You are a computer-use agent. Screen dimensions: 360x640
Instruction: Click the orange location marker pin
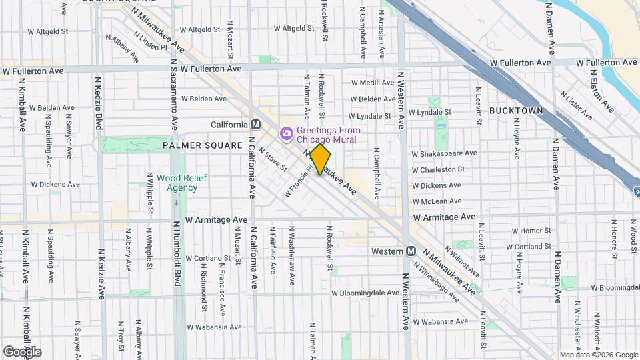[321, 159]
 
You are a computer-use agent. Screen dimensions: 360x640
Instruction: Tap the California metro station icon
[255, 125]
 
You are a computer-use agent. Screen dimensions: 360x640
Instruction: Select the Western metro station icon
[411, 251]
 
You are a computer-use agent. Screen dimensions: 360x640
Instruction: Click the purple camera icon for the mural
[287, 134]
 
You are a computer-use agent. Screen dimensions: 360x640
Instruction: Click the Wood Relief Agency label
[177, 183]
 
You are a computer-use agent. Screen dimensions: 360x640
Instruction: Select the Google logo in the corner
[22, 351]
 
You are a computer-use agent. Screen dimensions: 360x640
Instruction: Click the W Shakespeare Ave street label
[445, 153]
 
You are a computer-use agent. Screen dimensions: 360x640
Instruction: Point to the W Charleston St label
[437, 169]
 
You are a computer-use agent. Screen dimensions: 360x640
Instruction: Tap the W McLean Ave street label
[437, 201]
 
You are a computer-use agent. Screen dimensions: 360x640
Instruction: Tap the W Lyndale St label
[431, 113]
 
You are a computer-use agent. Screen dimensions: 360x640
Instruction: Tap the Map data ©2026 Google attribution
[598, 355]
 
